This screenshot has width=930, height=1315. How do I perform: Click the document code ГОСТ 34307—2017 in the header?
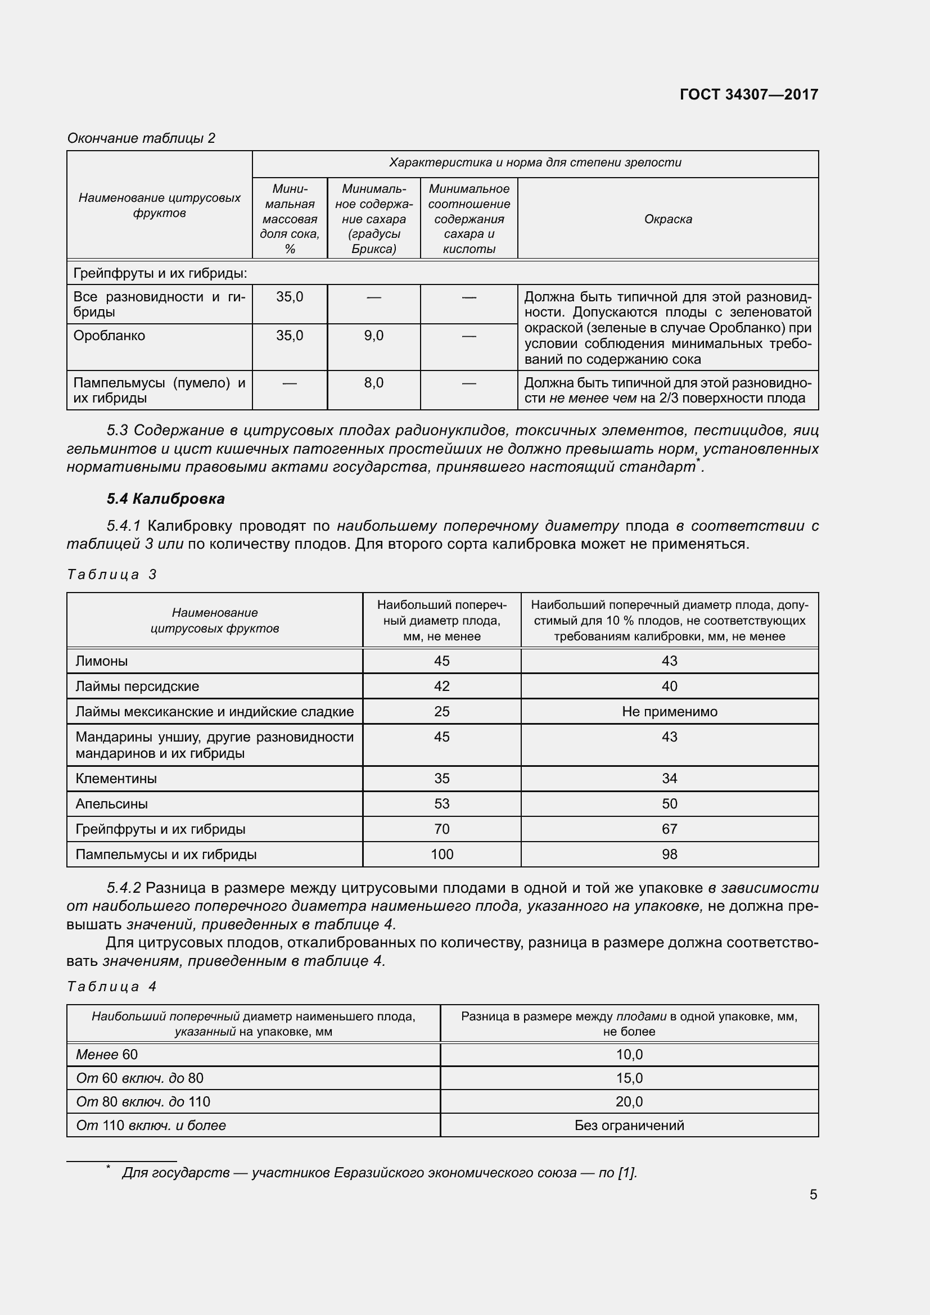748,94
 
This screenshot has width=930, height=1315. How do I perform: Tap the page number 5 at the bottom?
813,1195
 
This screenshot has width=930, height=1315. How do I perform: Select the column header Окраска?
668,219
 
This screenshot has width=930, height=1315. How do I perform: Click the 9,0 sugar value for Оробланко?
373,336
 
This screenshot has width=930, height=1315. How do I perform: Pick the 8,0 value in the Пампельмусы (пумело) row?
373,383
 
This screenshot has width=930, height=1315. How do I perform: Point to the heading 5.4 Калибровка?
165,499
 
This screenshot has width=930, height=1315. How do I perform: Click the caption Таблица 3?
112,575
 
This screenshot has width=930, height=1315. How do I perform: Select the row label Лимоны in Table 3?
101,661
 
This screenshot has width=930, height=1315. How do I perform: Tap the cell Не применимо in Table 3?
669,711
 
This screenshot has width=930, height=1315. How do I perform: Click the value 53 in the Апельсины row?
441,803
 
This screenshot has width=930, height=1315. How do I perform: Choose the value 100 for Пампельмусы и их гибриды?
441,854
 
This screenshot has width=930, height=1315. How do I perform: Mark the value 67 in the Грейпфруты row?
669,829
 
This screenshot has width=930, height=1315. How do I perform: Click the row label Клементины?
116,778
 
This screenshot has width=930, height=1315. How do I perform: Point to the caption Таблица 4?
112,986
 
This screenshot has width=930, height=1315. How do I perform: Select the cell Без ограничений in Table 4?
629,1125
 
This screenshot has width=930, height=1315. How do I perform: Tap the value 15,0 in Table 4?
629,1078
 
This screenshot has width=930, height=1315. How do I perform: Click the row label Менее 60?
106,1054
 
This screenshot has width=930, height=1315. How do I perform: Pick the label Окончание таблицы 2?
141,138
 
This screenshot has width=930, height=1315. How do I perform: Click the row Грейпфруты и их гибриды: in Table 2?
160,274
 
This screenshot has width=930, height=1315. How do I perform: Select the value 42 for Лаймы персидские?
441,686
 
